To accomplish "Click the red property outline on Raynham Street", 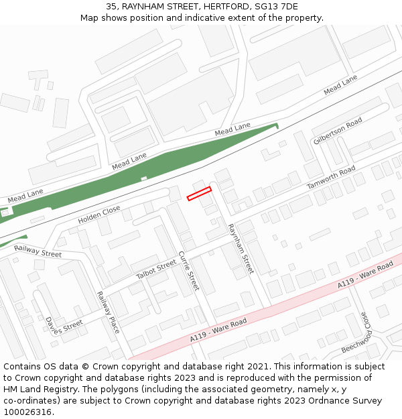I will tap(199, 194).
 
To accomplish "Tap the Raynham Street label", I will tap(241, 249).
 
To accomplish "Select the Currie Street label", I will tap(189, 271).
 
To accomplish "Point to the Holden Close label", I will tap(99, 215).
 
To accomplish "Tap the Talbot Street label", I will tap(156, 271).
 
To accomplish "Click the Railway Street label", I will tap(38, 251).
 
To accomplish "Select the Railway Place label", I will tap(108, 312).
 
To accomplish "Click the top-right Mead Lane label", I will tap(340, 86).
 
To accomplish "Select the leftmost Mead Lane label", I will tap(25, 196).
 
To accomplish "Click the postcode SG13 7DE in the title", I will tap(273, 7).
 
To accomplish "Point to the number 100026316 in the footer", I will tap(28, 412).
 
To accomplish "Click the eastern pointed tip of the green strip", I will tap(277, 125).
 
